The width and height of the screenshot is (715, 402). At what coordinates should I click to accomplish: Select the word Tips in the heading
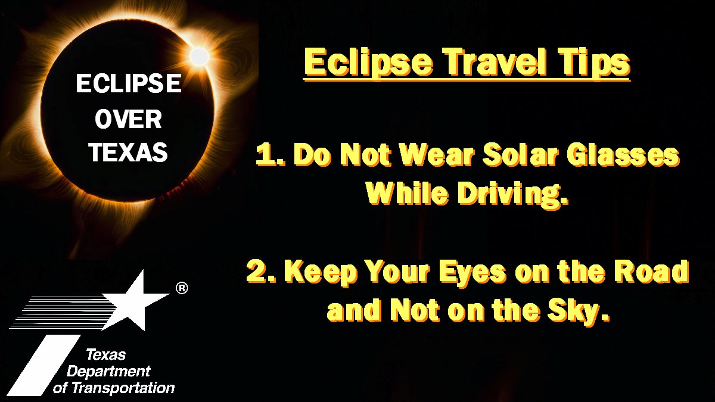(x=595, y=63)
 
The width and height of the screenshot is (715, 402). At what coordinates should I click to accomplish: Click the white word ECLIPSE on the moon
(x=129, y=84)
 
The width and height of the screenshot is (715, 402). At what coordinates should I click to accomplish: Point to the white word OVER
(x=128, y=120)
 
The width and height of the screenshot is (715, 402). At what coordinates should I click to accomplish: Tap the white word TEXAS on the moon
(x=128, y=154)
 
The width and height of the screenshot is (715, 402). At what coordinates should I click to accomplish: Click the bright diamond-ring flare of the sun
(x=199, y=57)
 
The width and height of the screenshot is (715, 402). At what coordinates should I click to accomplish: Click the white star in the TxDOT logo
(x=135, y=301)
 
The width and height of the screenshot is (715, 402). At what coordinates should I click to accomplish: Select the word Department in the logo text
(x=108, y=372)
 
